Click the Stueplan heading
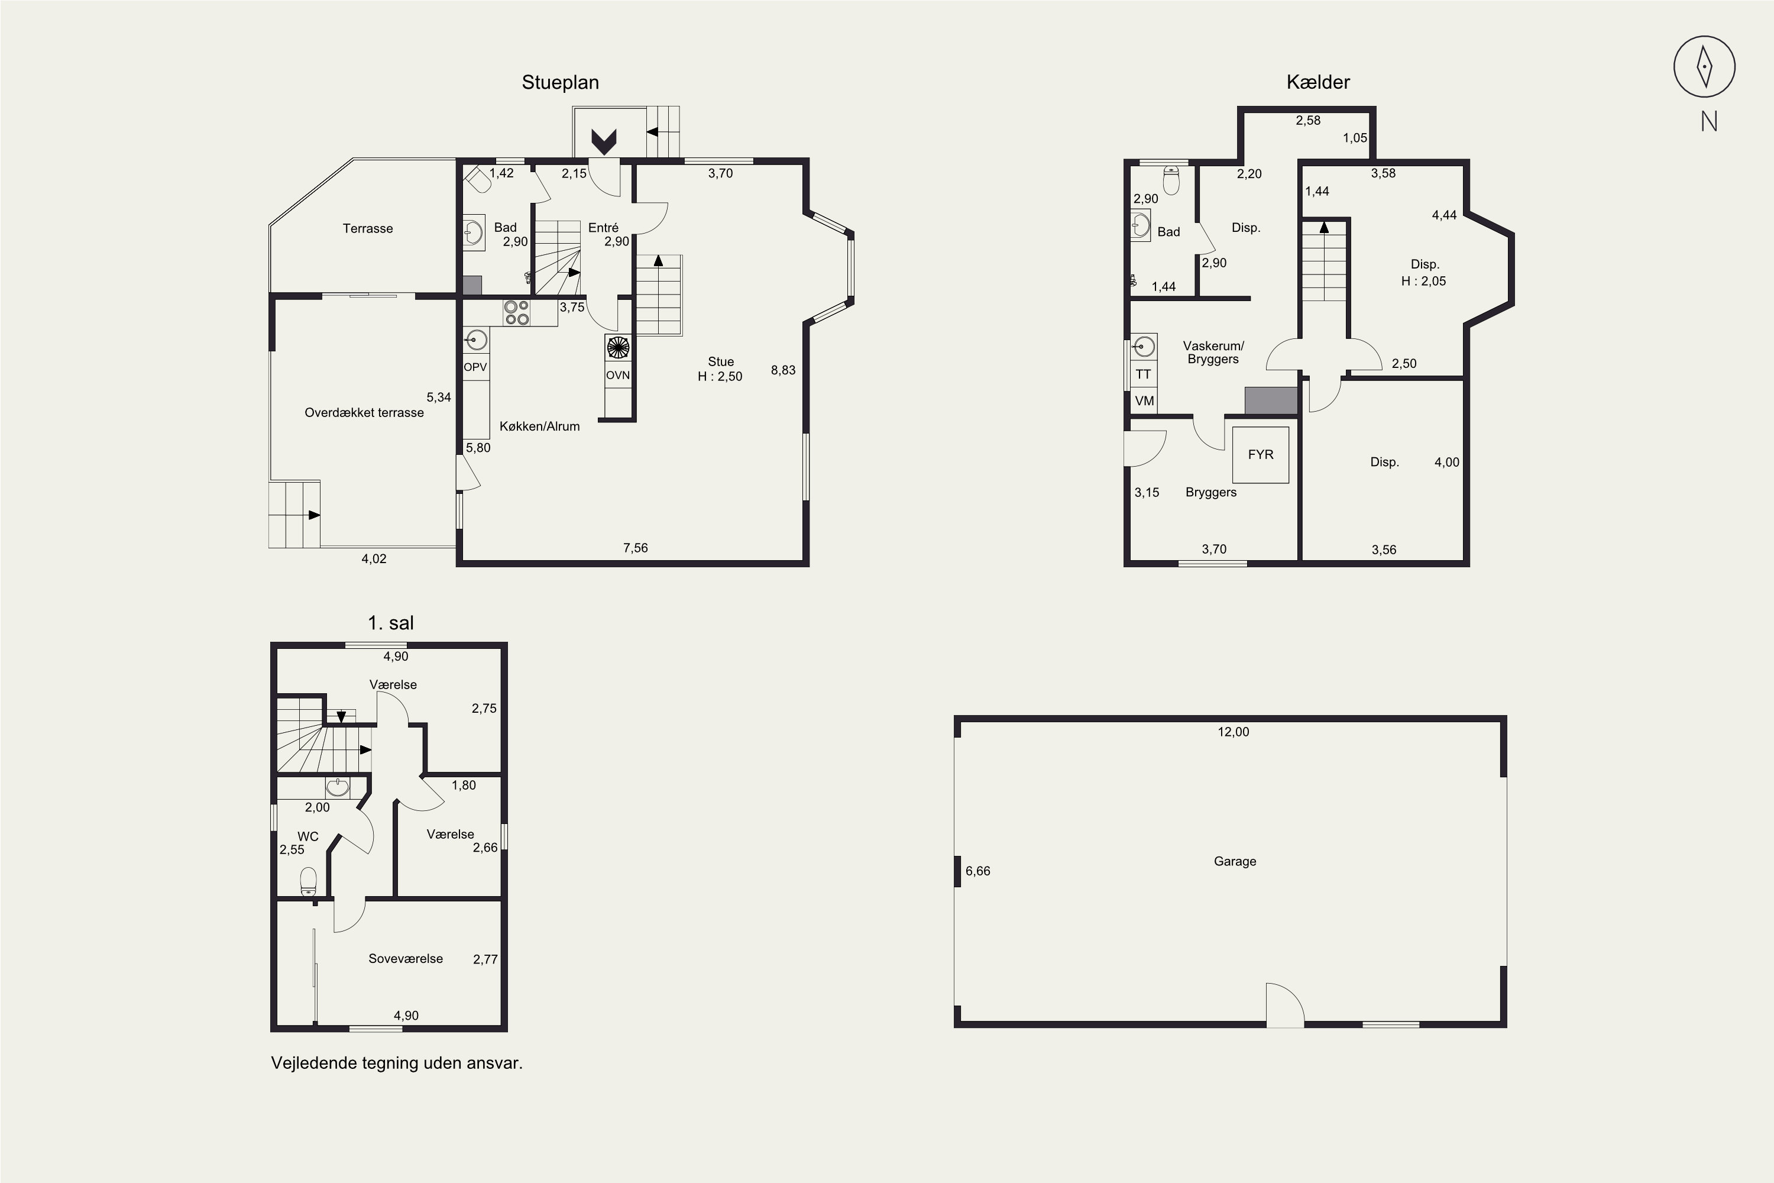coord(561,82)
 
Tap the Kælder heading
coord(1317,82)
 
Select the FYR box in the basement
coord(1260,454)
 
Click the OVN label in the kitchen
coord(618,375)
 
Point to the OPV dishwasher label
coord(475,367)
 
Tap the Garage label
coord(1235,861)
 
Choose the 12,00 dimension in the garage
coord(1233,731)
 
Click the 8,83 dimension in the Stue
coord(783,370)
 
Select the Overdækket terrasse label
coord(364,413)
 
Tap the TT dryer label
coord(1144,374)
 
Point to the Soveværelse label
coord(406,958)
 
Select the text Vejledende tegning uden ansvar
coord(397,1063)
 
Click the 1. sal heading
coord(391,623)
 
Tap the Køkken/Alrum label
coord(539,426)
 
